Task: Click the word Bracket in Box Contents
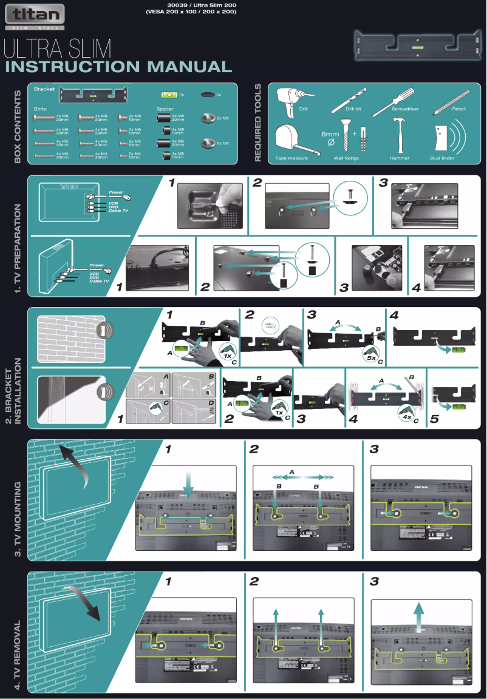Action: [x=44, y=89]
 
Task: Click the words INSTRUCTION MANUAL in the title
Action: [x=118, y=67]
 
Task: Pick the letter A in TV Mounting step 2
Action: [x=292, y=471]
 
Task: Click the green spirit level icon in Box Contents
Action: [x=168, y=95]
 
